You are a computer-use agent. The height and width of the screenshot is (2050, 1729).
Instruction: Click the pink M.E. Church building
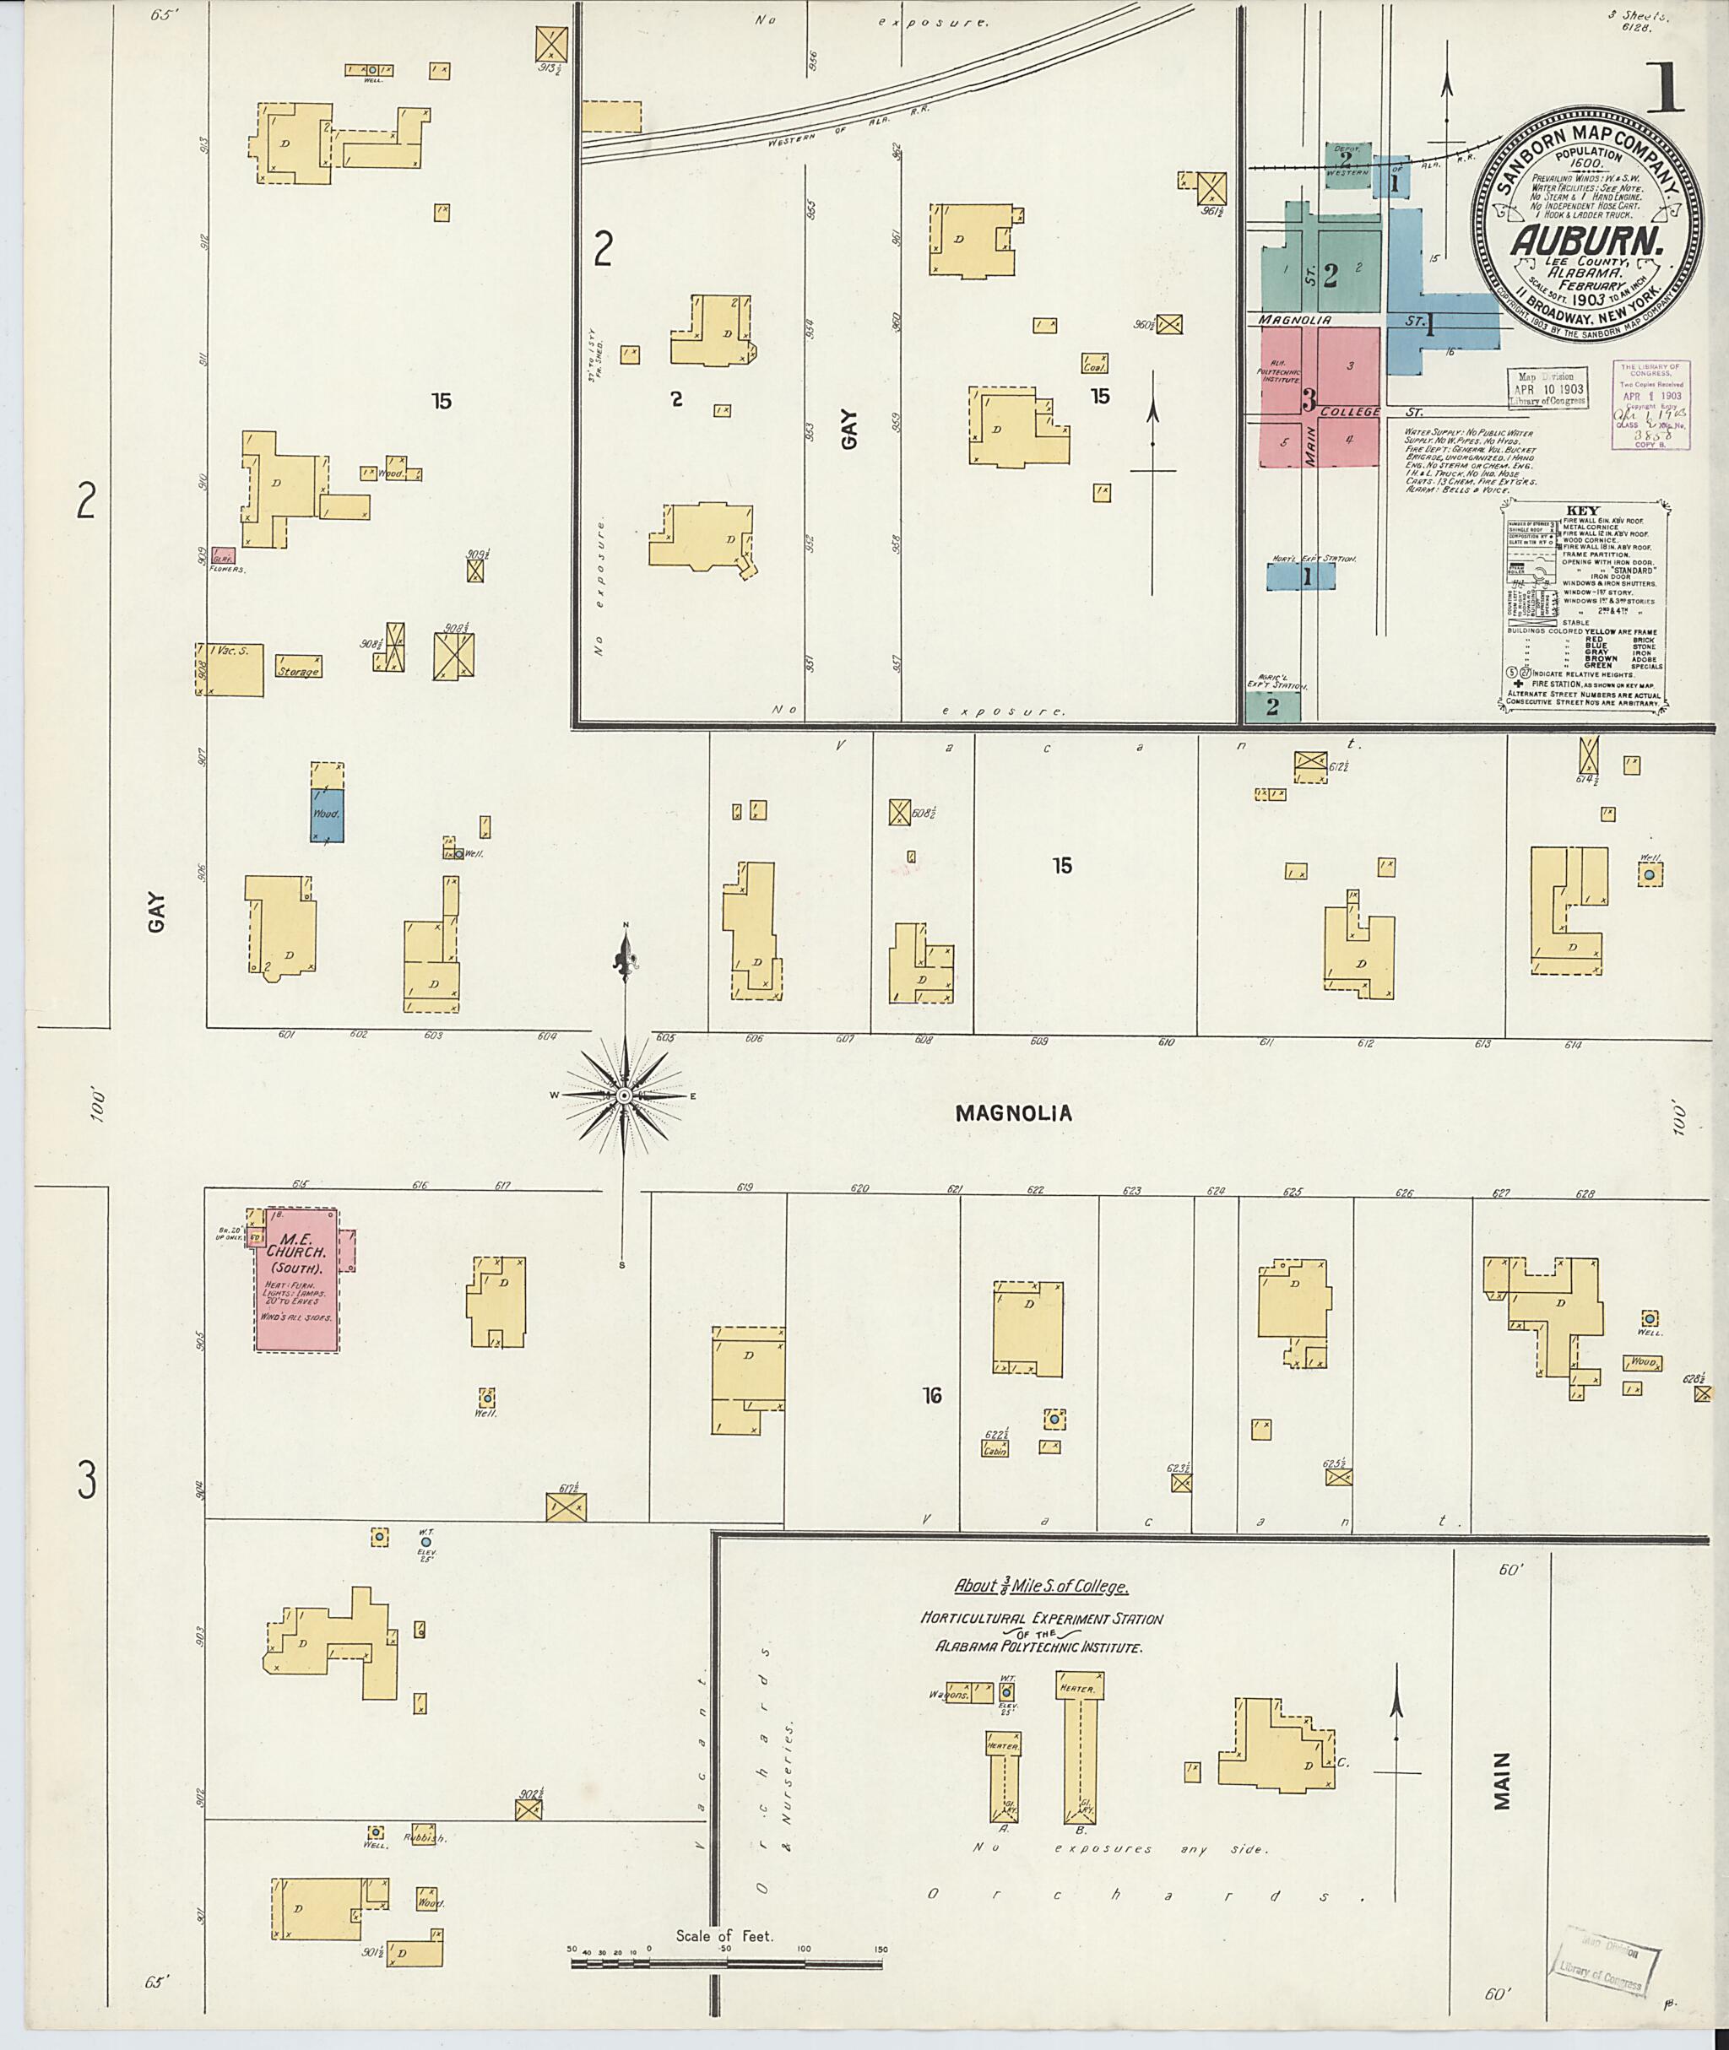(x=298, y=1279)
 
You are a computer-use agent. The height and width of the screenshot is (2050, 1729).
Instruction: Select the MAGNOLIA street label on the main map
(x=1013, y=1113)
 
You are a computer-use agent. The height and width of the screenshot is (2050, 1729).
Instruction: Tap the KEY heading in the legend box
(x=1582, y=511)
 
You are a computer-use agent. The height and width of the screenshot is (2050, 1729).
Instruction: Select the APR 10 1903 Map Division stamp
(x=1548, y=388)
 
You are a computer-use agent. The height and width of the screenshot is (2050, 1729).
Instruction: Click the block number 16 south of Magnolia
(x=932, y=1395)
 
